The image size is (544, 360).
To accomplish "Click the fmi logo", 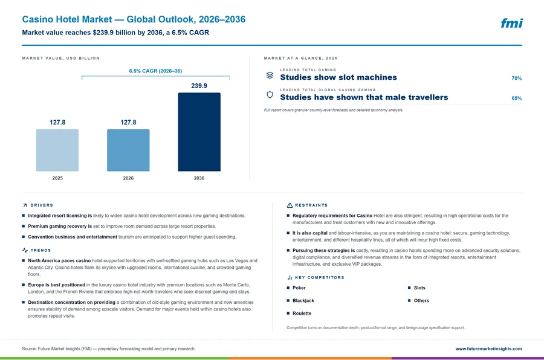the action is coord(512,23).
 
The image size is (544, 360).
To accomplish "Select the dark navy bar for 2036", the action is coord(199,132).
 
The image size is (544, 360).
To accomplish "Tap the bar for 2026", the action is coord(128,150).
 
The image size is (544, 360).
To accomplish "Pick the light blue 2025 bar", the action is coord(57,150).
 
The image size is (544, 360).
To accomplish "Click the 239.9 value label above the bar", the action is coord(199,86).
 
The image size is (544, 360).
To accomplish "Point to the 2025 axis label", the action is coord(57,178).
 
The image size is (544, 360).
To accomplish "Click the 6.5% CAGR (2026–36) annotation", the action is coord(155,71).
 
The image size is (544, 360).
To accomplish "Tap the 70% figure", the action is coord(517,79).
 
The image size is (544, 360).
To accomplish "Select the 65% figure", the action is coord(517,98).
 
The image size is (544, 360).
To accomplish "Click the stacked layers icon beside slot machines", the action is coord(270,76).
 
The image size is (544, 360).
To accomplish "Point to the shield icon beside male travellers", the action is coord(270,95).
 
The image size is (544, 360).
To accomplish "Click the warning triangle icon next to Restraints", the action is coord(290,205).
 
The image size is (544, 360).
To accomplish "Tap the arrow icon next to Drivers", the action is coord(25,205).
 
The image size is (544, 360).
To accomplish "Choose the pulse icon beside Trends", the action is coord(25,250).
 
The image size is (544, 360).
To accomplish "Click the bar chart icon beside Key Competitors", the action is coord(290,277).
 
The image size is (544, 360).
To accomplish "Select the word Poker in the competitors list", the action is coord(299,288).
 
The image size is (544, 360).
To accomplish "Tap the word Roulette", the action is coord(302,313).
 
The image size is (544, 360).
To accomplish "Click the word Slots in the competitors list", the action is coord(419,288).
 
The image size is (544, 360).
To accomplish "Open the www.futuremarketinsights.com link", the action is coord(488,349).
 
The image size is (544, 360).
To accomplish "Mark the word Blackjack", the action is coord(303,301).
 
